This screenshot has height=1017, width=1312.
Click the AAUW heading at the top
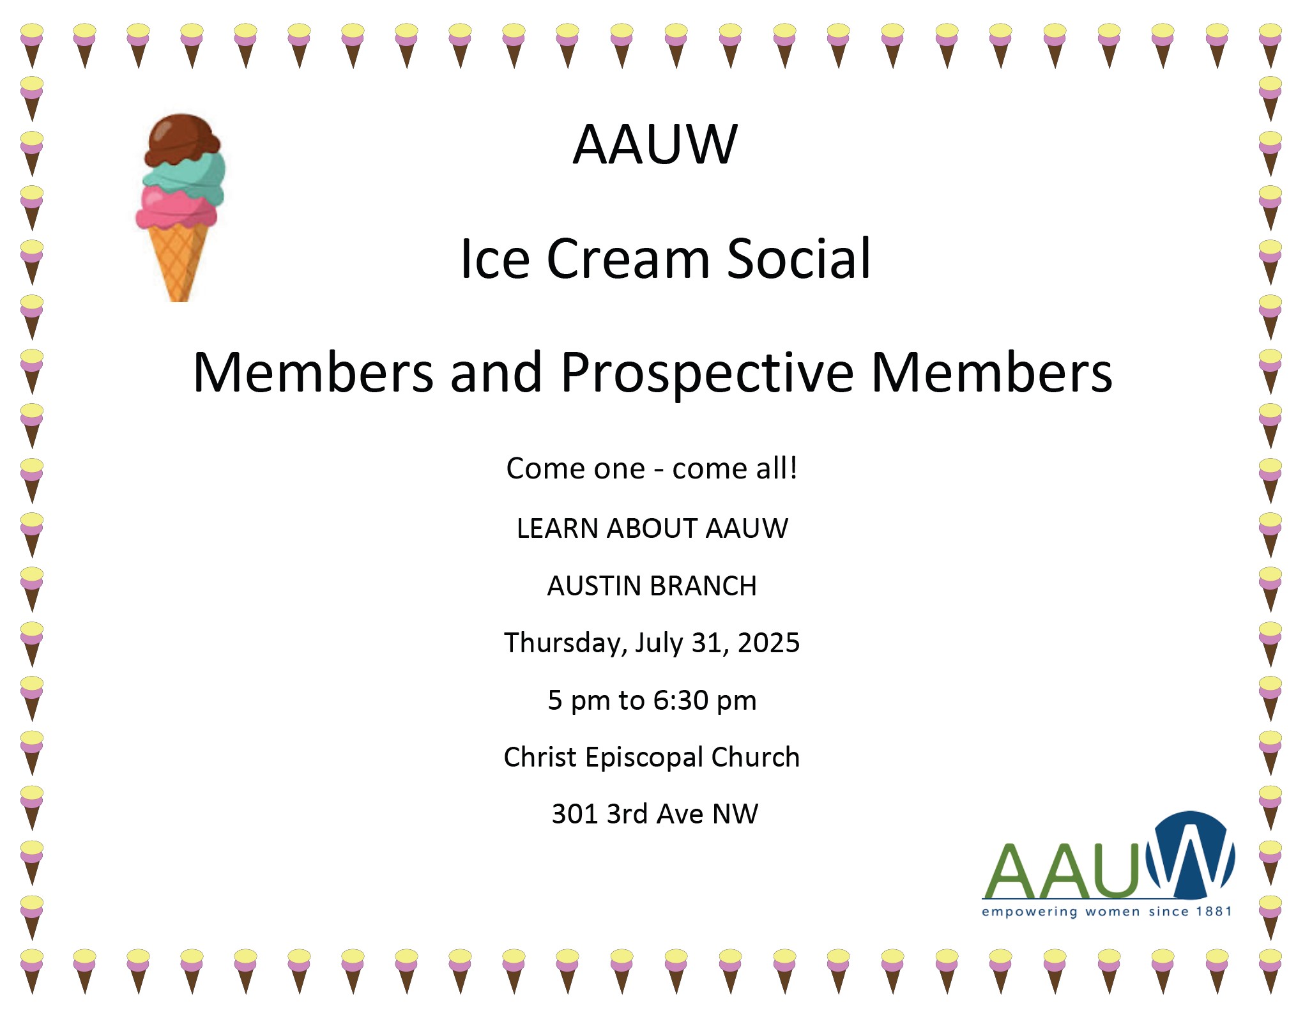pyautogui.click(x=655, y=144)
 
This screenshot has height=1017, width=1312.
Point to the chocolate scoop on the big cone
pyautogui.click(x=183, y=140)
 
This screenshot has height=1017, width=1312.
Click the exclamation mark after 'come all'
pyautogui.click(x=793, y=468)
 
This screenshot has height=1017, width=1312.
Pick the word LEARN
pyautogui.click(x=557, y=529)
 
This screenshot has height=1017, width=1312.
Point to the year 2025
pyautogui.click(x=768, y=643)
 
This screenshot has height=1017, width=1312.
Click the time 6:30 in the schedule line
pyautogui.click(x=681, y=701)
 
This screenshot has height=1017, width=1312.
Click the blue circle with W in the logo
pyautogui.click(x=1190, y=854)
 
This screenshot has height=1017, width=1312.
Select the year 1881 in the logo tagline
pyautogui.click(x=1214, y=912)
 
